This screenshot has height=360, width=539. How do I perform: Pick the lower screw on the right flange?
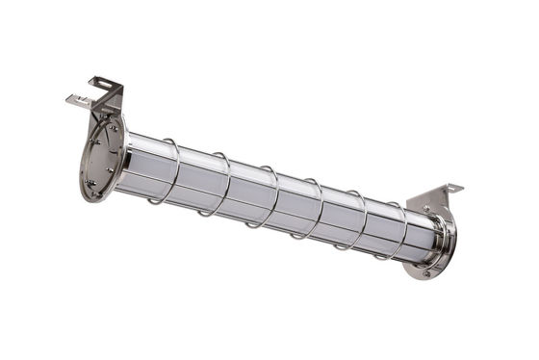pyautogui.click(x=429, y=270)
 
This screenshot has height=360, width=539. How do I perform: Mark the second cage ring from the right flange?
pyautogui.click(x=356, y=220)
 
